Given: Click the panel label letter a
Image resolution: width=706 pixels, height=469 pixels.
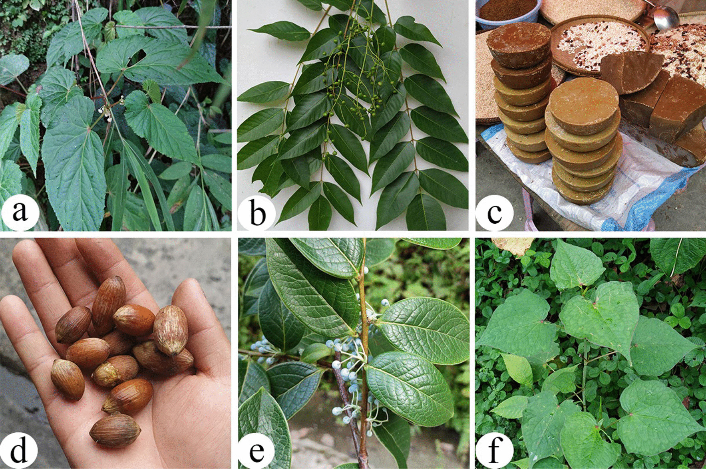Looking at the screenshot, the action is (x=20, y=211).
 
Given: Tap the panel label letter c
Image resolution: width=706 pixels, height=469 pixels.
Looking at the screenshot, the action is (x=495, y=213).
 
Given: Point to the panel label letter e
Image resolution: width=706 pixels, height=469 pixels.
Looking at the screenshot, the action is (x=257, y=451).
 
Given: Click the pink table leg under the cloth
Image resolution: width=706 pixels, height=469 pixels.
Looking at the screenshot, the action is (x=530, y=210).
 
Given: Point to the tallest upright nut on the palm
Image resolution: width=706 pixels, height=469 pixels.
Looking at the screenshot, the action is (x=108, y=304).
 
